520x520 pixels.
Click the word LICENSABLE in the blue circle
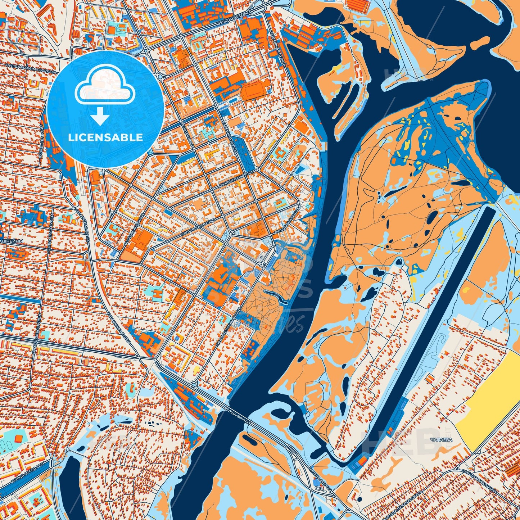pyautogui.click(x=105, y=137)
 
